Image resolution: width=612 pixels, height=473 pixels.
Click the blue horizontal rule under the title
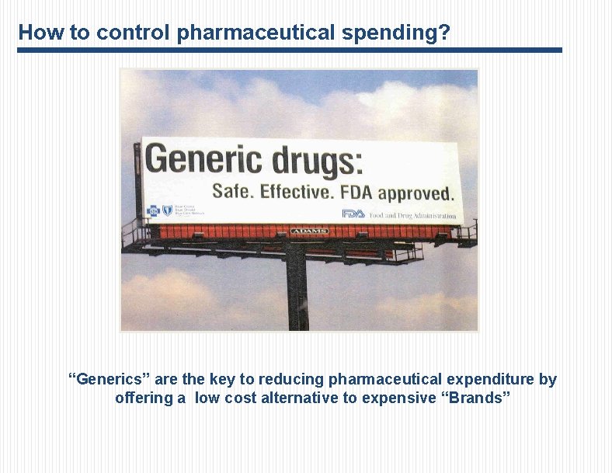coord(289,50)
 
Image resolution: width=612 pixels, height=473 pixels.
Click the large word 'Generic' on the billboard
coord(204,160)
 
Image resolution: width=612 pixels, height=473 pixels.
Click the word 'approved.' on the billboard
coord(416,193)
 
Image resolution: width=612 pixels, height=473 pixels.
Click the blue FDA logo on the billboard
coord(353,214)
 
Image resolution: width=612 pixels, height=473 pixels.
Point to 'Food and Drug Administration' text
coord(412,215)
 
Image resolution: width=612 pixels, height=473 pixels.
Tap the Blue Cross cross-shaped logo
coord(152,210)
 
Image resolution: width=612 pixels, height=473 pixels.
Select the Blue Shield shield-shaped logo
coord(167,210)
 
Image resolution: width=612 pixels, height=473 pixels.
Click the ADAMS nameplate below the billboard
coord(310,231)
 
